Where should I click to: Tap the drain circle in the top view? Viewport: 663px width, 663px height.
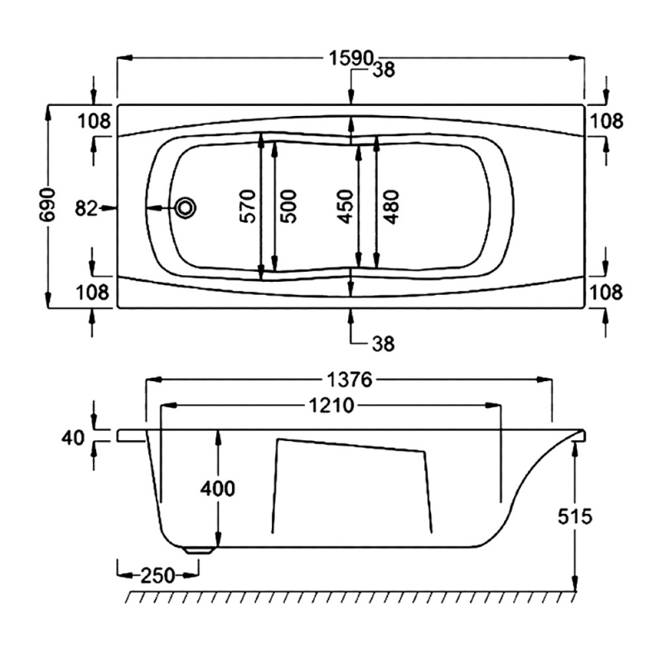coord(186,208)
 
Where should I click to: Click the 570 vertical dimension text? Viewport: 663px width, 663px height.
coord(246,206)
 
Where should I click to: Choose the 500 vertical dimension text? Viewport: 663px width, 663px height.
coord(288,206)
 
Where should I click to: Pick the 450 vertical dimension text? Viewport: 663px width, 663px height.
coord(345,206)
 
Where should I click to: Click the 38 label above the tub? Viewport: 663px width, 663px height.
coord(384,71)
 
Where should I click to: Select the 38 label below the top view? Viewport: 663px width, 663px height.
coord(384,342)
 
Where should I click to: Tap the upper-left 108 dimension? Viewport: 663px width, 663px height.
coord(94,121)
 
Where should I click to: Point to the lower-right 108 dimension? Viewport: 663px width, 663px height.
coord(607,292)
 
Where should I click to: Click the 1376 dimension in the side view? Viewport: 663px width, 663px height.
coord(348,380)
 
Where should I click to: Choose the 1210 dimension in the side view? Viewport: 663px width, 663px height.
coord(330,406)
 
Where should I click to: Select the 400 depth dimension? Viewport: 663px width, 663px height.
coord(218,488)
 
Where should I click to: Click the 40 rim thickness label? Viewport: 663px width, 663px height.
coord(73,437)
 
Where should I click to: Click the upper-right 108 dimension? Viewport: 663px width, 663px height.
coord(607,121)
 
